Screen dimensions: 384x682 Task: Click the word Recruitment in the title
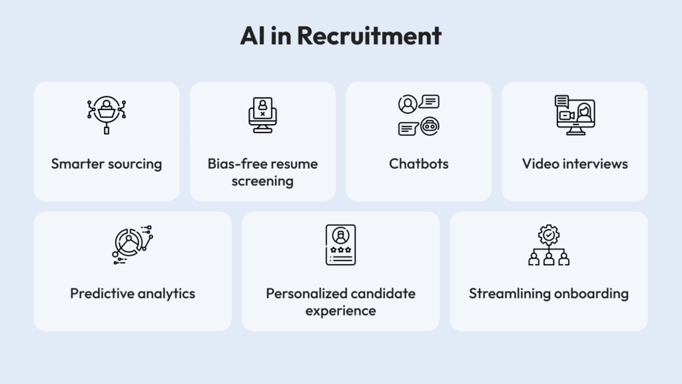pyautogui.click(x=369, y=36)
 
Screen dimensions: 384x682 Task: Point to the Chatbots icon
pyautogui.click(x=419, y=115)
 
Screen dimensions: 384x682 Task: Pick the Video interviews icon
pyautogui.click(x=575, y=115)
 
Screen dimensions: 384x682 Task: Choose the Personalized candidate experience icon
pyautogui.click(x=340, y=245)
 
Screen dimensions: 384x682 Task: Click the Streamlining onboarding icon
pyautogui.click(x=549, y=245)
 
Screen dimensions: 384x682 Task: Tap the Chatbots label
pyautogui.click(x=419, y=164)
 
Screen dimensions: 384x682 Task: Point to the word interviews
pyautogui.click(x=592, y=164)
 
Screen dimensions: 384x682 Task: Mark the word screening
pyautogui.click(x=262, y=181)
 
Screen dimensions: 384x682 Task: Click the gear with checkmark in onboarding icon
pyautogui.click(x=549, y=235)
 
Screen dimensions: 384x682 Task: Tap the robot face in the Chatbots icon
pyautogui.click(x=430, y=125)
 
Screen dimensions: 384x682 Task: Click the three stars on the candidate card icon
pyautogui.click(x=340, y=251)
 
